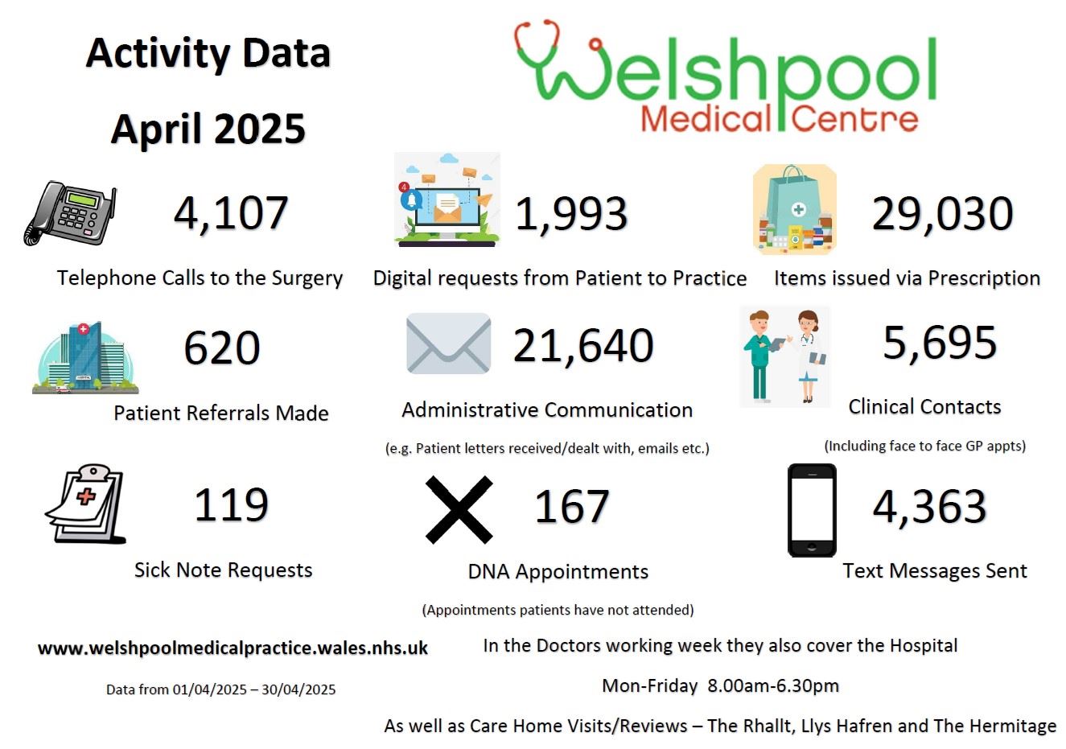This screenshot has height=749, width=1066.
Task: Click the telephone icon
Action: (69, 214)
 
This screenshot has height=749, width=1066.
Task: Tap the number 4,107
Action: (231, 213)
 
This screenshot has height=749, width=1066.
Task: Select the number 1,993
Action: (571, 214)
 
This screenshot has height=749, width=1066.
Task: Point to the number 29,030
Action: (942, 214)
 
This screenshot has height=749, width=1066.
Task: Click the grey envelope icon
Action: (448, 344)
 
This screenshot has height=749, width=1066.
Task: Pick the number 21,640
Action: (583, 345)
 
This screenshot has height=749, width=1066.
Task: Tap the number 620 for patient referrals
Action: (222, 348)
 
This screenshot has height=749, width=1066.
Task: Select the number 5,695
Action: (940, 343)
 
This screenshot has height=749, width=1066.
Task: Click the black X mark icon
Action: (459, 508)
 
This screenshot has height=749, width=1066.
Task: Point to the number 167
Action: (572, 507)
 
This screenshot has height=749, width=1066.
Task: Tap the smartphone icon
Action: (812, 510)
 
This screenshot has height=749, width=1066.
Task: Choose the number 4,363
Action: (929, 507)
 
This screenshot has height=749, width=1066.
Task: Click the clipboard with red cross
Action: (86, 504)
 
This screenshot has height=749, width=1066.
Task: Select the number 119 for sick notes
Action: (231, 505)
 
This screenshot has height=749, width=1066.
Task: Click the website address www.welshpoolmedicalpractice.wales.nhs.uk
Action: (233, 648)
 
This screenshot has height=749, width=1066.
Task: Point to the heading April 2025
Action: (208, 129)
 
